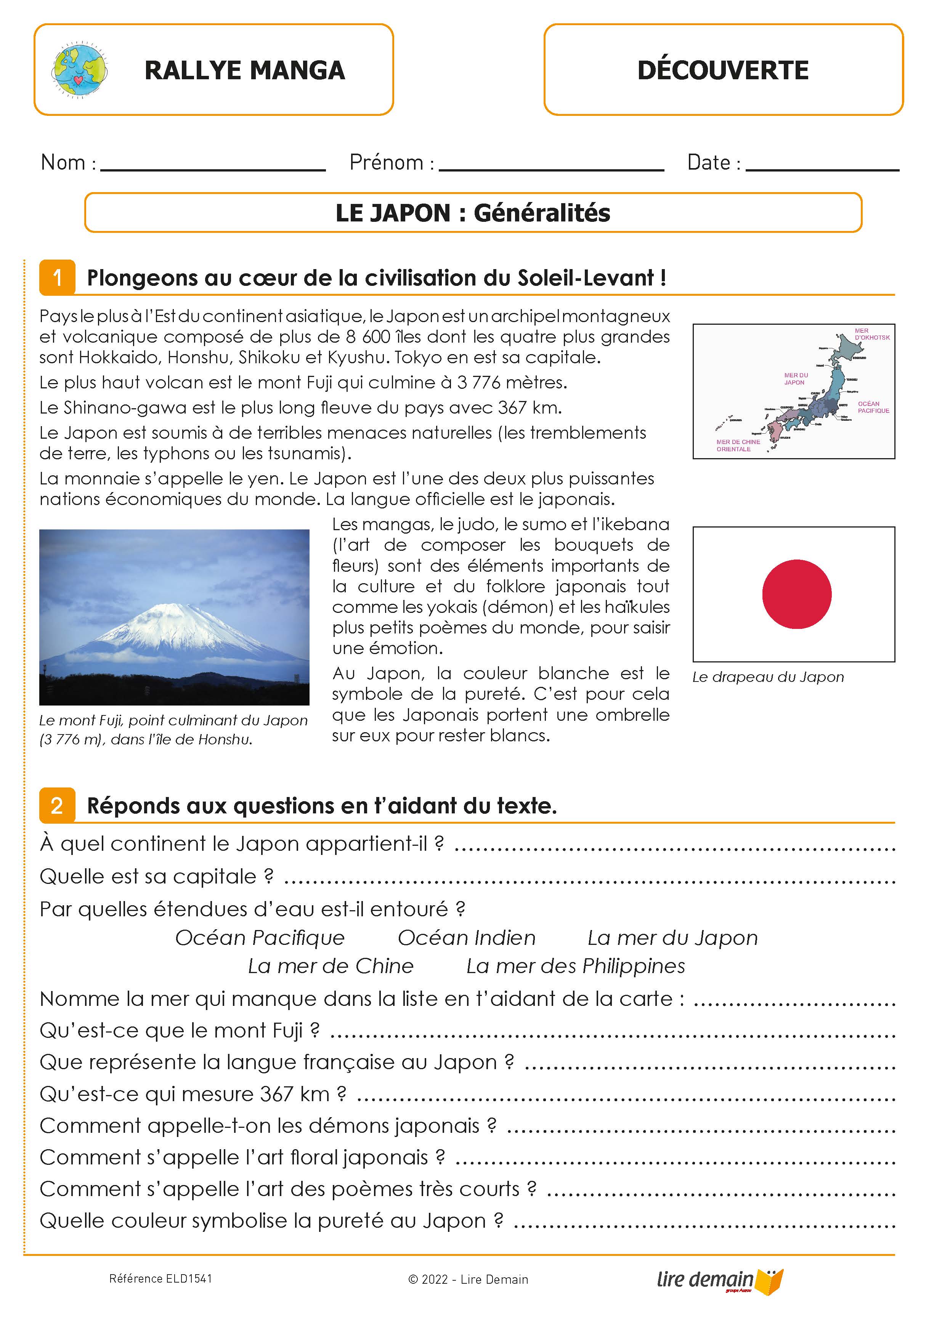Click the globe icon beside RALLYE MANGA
(79, 70)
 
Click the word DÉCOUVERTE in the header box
(723, 70)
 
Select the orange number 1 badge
(57, 277)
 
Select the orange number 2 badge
(57, 805)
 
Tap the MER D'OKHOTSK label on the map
(871, 334)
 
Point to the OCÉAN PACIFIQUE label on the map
(873, 407)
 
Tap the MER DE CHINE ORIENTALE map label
(737, 446)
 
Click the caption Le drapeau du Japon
(768, 677)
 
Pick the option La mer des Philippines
(575, 966)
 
